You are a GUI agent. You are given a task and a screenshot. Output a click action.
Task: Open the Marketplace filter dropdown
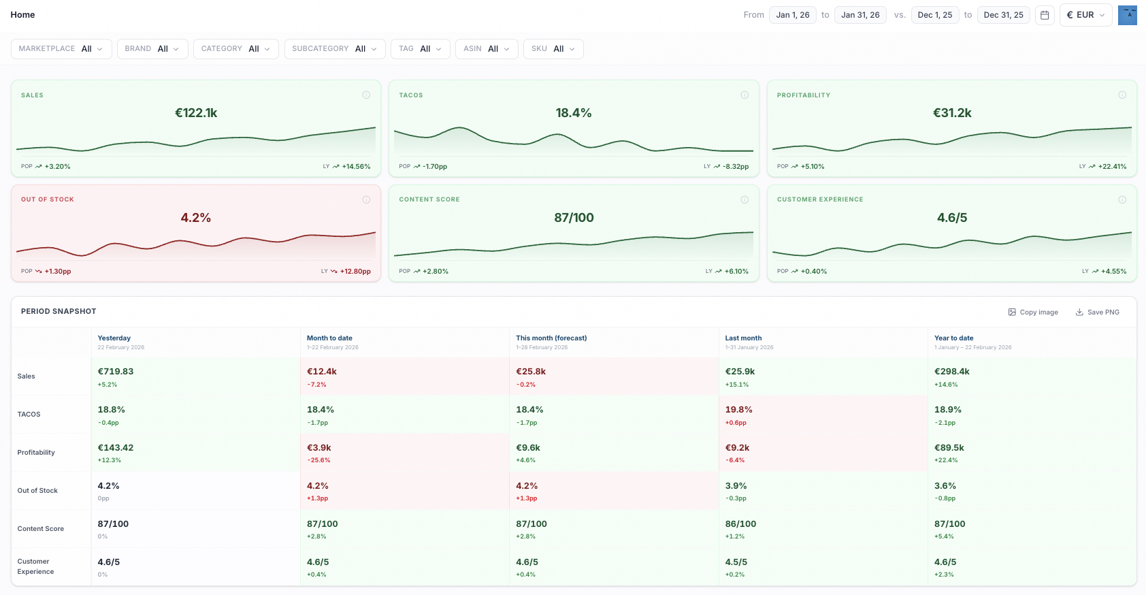click(61, 49)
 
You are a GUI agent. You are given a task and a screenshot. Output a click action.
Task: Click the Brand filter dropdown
click(152, 49)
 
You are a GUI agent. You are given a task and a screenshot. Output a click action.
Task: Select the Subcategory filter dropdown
click(334, 49)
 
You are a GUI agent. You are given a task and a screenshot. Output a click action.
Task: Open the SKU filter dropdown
click(553, 49)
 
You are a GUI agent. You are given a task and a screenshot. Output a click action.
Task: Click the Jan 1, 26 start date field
click(793, 15)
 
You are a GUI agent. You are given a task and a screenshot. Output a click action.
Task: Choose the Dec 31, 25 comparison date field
click(1003, 15)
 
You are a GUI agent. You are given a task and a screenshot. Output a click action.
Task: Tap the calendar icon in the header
click(1045, 15)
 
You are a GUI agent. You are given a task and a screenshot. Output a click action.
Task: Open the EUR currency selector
click(1085, 15)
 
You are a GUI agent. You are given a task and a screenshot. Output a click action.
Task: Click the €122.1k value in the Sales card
click(196, 113)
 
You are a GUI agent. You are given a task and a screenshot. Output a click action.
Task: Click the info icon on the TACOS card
click(744, 95)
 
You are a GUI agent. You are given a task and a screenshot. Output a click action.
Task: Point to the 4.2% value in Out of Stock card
click(196, 218)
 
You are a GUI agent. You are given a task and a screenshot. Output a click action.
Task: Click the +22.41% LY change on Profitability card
click(1112, 167)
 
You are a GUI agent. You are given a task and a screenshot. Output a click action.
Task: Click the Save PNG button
click(1097, 312)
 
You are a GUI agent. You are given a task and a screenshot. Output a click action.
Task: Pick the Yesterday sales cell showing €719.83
click(116, 372)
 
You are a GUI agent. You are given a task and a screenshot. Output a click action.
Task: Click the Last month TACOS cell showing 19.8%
click(738, 410)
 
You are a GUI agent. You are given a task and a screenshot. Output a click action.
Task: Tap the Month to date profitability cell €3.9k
click(319, 448)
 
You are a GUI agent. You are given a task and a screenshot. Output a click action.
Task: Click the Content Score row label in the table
click(41, 529)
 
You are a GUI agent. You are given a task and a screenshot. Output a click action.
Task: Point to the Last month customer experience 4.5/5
click(736, 562)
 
